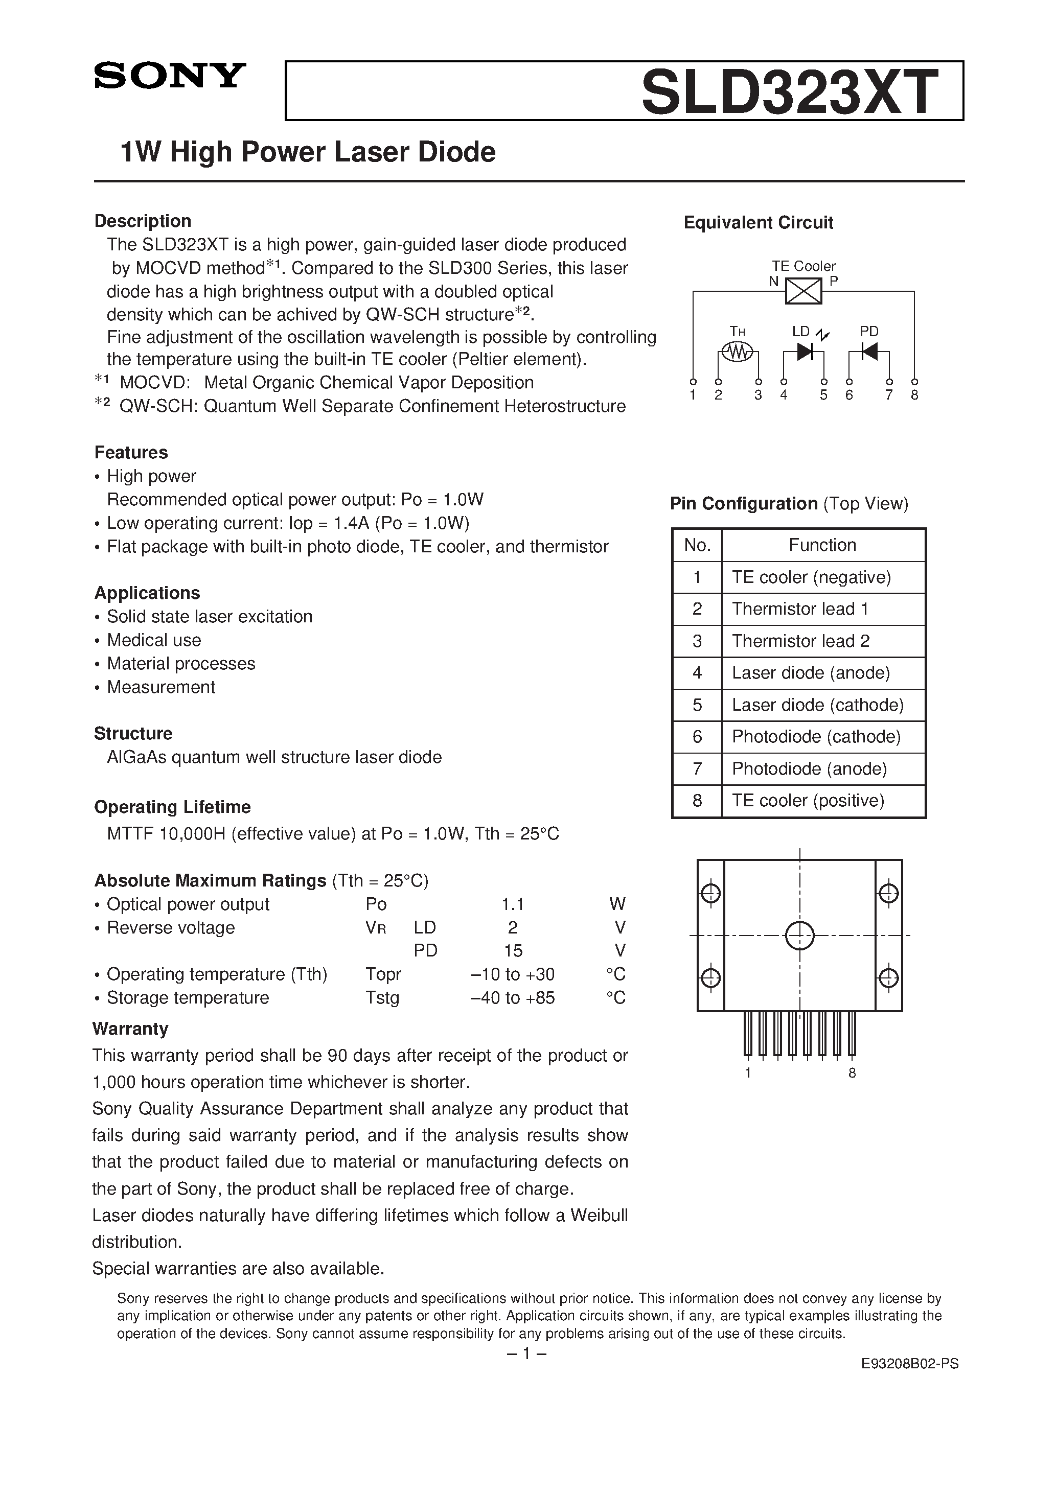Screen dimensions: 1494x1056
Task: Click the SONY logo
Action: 170,76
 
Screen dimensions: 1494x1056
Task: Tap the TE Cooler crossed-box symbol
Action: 804,291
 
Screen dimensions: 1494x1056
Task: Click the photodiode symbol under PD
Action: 868,352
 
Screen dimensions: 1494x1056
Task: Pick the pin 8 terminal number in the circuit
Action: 914,395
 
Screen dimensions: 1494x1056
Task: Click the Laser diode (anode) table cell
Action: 811,673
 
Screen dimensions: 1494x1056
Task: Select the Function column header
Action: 822,545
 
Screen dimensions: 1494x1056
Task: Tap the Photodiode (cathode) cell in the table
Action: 816,737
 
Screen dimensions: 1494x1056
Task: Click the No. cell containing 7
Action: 697,768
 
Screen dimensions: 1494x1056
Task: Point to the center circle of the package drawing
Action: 799,936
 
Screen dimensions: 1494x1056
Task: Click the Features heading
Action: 131,452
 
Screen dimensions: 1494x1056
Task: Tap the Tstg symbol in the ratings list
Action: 382,997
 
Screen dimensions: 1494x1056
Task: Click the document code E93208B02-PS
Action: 909,1364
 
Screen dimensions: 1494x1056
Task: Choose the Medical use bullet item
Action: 154,640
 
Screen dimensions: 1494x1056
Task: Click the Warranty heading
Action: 130,1029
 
